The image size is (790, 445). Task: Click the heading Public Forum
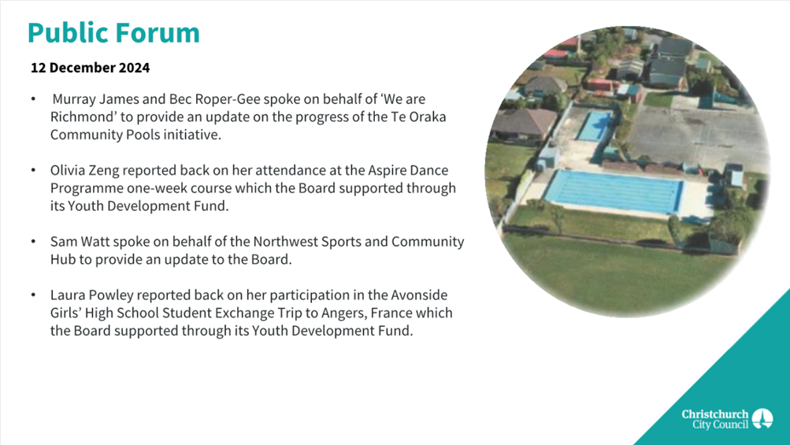[114, 33]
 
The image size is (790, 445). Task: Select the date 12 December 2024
[91, 68]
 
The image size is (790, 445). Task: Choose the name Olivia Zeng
[84, 171]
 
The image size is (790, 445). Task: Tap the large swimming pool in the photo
[615, 192]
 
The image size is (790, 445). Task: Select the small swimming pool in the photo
[595, 126]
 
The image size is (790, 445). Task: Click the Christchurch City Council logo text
[715, 419]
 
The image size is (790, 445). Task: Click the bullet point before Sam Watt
[33, 242]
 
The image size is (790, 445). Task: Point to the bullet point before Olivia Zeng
[33, 171]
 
